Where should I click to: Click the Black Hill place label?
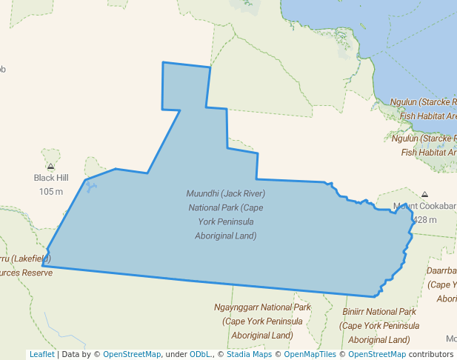[50, 178]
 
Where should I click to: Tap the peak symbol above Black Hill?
[50, 167]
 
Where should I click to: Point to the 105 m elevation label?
[50, 191]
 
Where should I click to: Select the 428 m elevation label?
[424, 220]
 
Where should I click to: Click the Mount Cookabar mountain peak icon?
[425, 194]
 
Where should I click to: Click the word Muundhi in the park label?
[202, 194]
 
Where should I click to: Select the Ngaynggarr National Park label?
[262, 307]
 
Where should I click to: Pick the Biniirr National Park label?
[379, 312]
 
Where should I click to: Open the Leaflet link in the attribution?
[41, 354]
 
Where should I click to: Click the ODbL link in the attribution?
[200, 354]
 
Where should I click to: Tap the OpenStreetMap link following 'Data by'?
[132, 354]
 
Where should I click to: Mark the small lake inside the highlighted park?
[90, 187]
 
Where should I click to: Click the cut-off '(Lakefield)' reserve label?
[27, 259]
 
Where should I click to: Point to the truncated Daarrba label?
[441, 271]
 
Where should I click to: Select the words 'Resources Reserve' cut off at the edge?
[27, 273]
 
